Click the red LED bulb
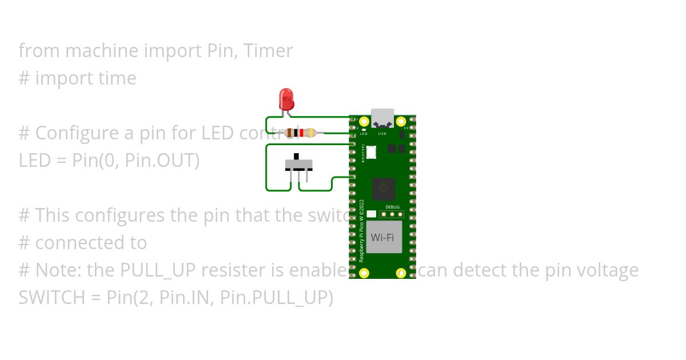pyautogui.click(x=286, y=99)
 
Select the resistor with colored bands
pyautogui.click(x=300, y=133)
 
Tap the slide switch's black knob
pyautogui.click(x=296, y=156)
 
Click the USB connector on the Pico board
pyautogui.click(x=382, y=119)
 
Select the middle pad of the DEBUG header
pyautogui.click(x=392, y=214)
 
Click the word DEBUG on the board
pyautogui.click(x=392, y=207)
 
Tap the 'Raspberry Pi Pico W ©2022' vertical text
pyautogui.click(x=362, y=230)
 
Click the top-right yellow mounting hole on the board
pyautogui.click(x=401, y=121)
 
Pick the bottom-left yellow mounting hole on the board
pyautogui.click(x=366, y=273)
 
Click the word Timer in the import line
pyautogui.click(x=268, y=51)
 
